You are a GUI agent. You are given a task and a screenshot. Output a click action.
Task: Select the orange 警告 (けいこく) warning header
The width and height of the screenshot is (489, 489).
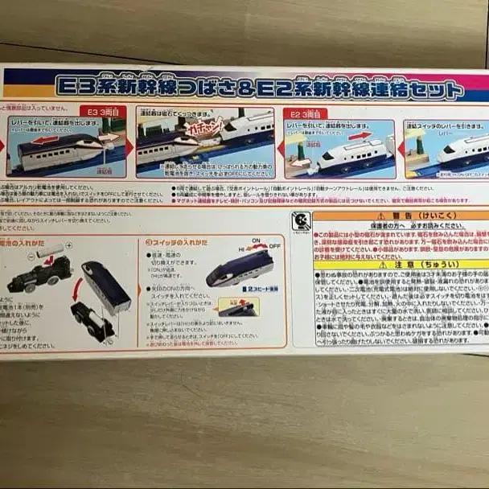click(400, 216)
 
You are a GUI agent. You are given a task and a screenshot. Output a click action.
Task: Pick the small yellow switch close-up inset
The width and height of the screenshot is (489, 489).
click(239, 307)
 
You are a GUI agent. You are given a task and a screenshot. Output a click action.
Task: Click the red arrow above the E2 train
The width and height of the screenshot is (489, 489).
click(355, 138)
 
